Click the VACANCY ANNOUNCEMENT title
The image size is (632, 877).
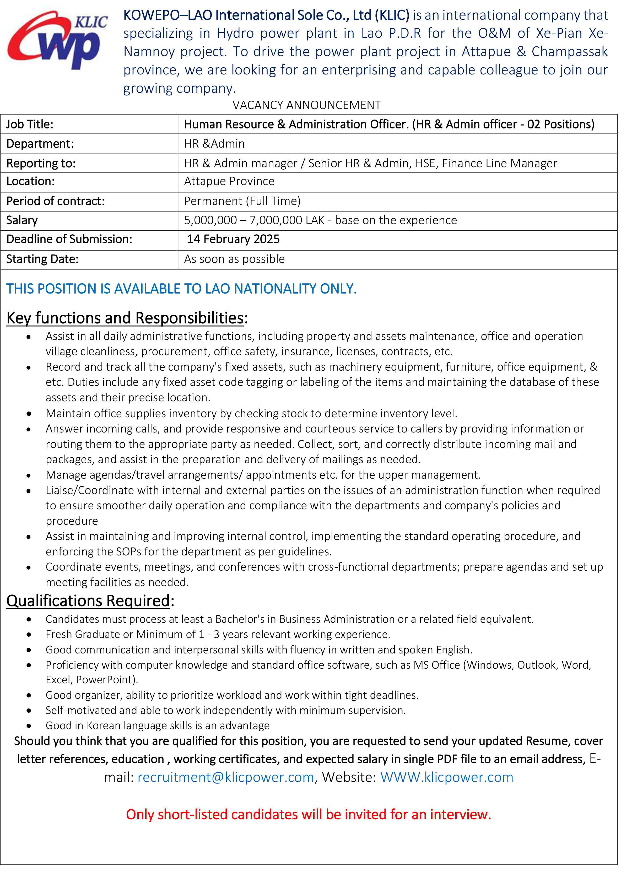(x=306, y=105)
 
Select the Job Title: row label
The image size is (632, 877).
(x=30, y=124)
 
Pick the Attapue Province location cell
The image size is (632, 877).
(x=229, y=181)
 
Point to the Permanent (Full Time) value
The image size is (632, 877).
(x=242, y=201)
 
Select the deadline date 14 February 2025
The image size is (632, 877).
(x=233, y=239)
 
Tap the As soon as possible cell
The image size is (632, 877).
(x=234, y=259)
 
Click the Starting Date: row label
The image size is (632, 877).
(x=42, y=259)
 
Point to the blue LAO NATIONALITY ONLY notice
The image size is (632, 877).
(x=181, y=289)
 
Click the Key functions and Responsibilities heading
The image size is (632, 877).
(x=127, y=318)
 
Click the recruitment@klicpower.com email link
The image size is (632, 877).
(x=225, y=777)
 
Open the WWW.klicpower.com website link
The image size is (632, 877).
(x=447, y=777)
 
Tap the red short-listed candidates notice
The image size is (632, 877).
(x=308, y=815)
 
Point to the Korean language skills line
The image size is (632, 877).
(x=158, y=726)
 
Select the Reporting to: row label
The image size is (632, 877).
(x=41, y=164)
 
